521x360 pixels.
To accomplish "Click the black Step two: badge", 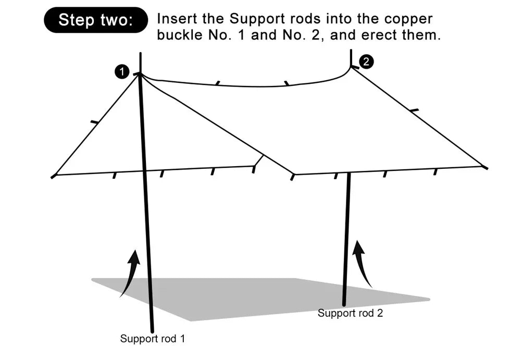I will (x=96, y=20).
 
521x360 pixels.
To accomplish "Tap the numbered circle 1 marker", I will (x=122, y=72).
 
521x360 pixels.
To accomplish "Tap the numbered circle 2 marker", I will (x=366, y=62).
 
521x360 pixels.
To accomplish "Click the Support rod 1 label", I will (x=152, y=339).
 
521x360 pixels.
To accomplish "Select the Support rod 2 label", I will (x=351, y=313).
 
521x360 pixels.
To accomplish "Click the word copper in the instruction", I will (x=408, y=19).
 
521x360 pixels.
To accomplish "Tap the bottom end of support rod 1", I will (x=152, y=330).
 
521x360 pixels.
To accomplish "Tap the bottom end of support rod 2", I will (x=344, y=304).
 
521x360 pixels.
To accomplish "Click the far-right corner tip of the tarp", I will (x=486, y=168).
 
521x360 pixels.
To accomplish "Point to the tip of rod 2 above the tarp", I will (x=351, y=51).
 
